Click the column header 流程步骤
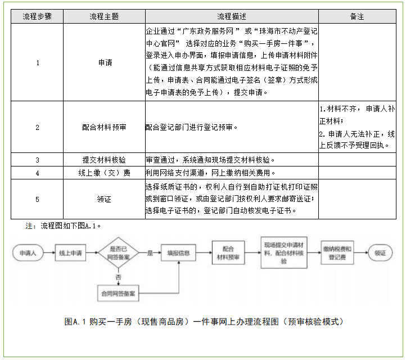[38, 16]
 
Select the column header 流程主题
[104, 16]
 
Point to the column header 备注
[357, 16]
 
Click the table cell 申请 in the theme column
[104, 62]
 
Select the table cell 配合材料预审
[104, 127]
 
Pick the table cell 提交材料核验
[104, 160]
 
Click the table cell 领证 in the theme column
[104, 199]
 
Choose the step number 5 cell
[38, 199]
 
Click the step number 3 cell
[38, 160]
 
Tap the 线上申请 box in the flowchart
[71, 253]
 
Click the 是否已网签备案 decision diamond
[119, 253]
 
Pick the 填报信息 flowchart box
[179, 253]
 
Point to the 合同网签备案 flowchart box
[119, 293]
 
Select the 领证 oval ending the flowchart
[381, 253]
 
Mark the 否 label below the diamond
[118, 277]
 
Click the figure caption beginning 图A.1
[203, 322]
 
